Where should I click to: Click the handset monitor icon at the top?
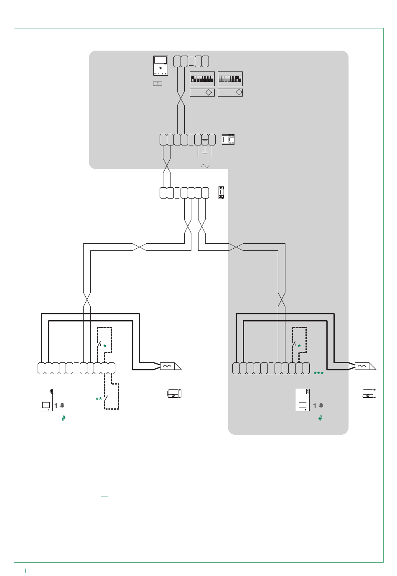160,66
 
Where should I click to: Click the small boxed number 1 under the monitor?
158,83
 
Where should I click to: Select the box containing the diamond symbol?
202,92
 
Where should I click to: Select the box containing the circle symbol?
230,92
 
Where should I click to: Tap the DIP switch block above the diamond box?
202,79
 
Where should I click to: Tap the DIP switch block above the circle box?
230,79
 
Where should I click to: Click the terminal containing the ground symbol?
205,140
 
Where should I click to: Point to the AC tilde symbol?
205,166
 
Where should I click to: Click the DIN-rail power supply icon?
228,139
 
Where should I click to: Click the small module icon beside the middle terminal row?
221,193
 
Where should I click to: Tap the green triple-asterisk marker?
318,373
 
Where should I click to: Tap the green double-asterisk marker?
99,399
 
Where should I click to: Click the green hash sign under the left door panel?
64,418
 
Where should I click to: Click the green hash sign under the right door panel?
320,418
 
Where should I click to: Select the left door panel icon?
46,400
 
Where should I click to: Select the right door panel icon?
303,400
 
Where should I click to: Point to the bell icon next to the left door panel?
62,405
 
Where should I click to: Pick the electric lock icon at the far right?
369,394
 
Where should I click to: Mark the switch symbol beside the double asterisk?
106,399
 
